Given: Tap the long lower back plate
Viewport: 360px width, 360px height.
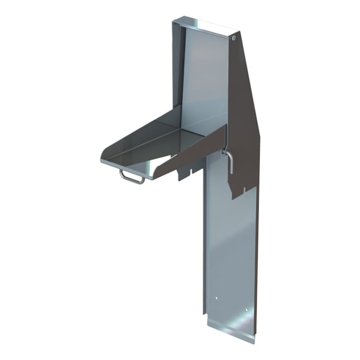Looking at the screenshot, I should [230, 245].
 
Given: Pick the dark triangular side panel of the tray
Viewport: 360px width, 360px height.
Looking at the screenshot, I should [194, 153].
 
